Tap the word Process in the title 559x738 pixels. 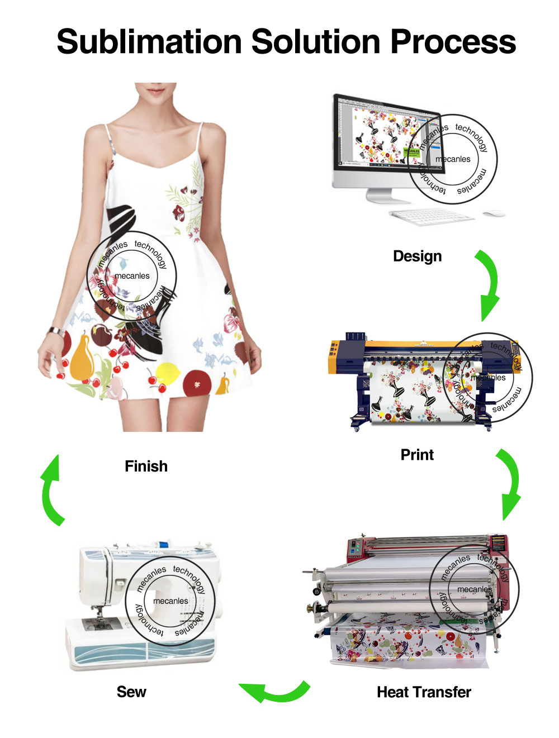tap(453, 42)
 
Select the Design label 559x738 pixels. tap(417, 256)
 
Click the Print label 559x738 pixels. tap(417, 455)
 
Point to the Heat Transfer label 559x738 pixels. tap(424, 692)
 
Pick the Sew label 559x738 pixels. tap(131, 692)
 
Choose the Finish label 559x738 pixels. tap(146, 466)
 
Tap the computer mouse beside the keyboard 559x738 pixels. tap(494, 213)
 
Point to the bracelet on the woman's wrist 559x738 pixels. tap(56, 331)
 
